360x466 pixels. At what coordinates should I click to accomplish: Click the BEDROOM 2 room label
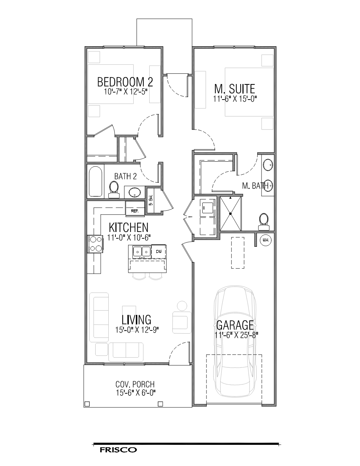coord(125,82)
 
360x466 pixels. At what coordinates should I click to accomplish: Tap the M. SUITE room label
coord(235,89)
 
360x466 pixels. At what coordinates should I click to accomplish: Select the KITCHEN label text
coord(128,227)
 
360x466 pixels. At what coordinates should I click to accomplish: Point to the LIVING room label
coord(137,319)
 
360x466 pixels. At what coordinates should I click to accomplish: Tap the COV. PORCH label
coord(135,384)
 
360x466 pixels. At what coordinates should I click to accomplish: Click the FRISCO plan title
coord(118,450)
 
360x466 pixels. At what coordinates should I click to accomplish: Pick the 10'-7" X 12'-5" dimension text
coord(125,91)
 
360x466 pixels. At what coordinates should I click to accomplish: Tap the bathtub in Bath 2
coord(96,181)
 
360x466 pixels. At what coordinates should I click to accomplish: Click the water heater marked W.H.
coord(265,240)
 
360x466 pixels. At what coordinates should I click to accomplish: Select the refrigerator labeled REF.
coord(135,211)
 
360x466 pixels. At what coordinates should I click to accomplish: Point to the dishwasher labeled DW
coord(158,251)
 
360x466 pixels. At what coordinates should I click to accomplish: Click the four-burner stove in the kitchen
coord(95,244)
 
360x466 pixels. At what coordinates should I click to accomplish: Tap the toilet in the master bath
coord(263,220)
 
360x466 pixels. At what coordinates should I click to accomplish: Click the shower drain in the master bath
coord(230,214)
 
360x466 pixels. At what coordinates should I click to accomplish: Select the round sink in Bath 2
coord(135,193)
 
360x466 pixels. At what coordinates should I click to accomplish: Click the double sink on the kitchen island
coord(141,251)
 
